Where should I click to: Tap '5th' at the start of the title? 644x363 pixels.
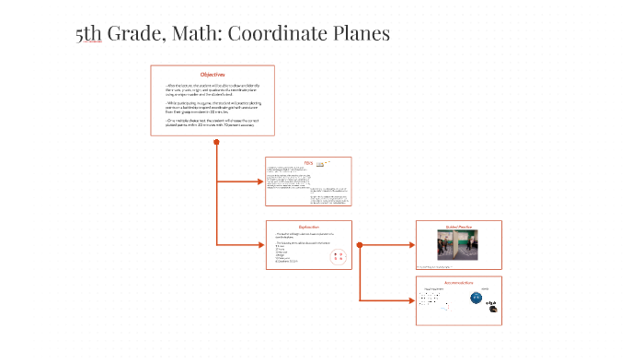[89, 34]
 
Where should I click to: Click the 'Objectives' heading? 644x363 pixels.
[213, 74]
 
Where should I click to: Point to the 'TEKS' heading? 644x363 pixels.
[309, 162]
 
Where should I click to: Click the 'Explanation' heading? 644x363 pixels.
[309, 227]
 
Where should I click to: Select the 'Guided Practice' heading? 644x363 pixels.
[458, 226]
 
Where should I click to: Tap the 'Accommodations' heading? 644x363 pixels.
[458, 282]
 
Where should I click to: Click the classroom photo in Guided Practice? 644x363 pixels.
[458, 246]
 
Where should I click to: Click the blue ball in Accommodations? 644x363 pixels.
[477, 299]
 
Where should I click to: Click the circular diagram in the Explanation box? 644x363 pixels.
[338, 257]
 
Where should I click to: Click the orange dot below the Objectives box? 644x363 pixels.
[216, 142]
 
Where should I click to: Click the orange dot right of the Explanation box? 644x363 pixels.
[359, 245]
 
